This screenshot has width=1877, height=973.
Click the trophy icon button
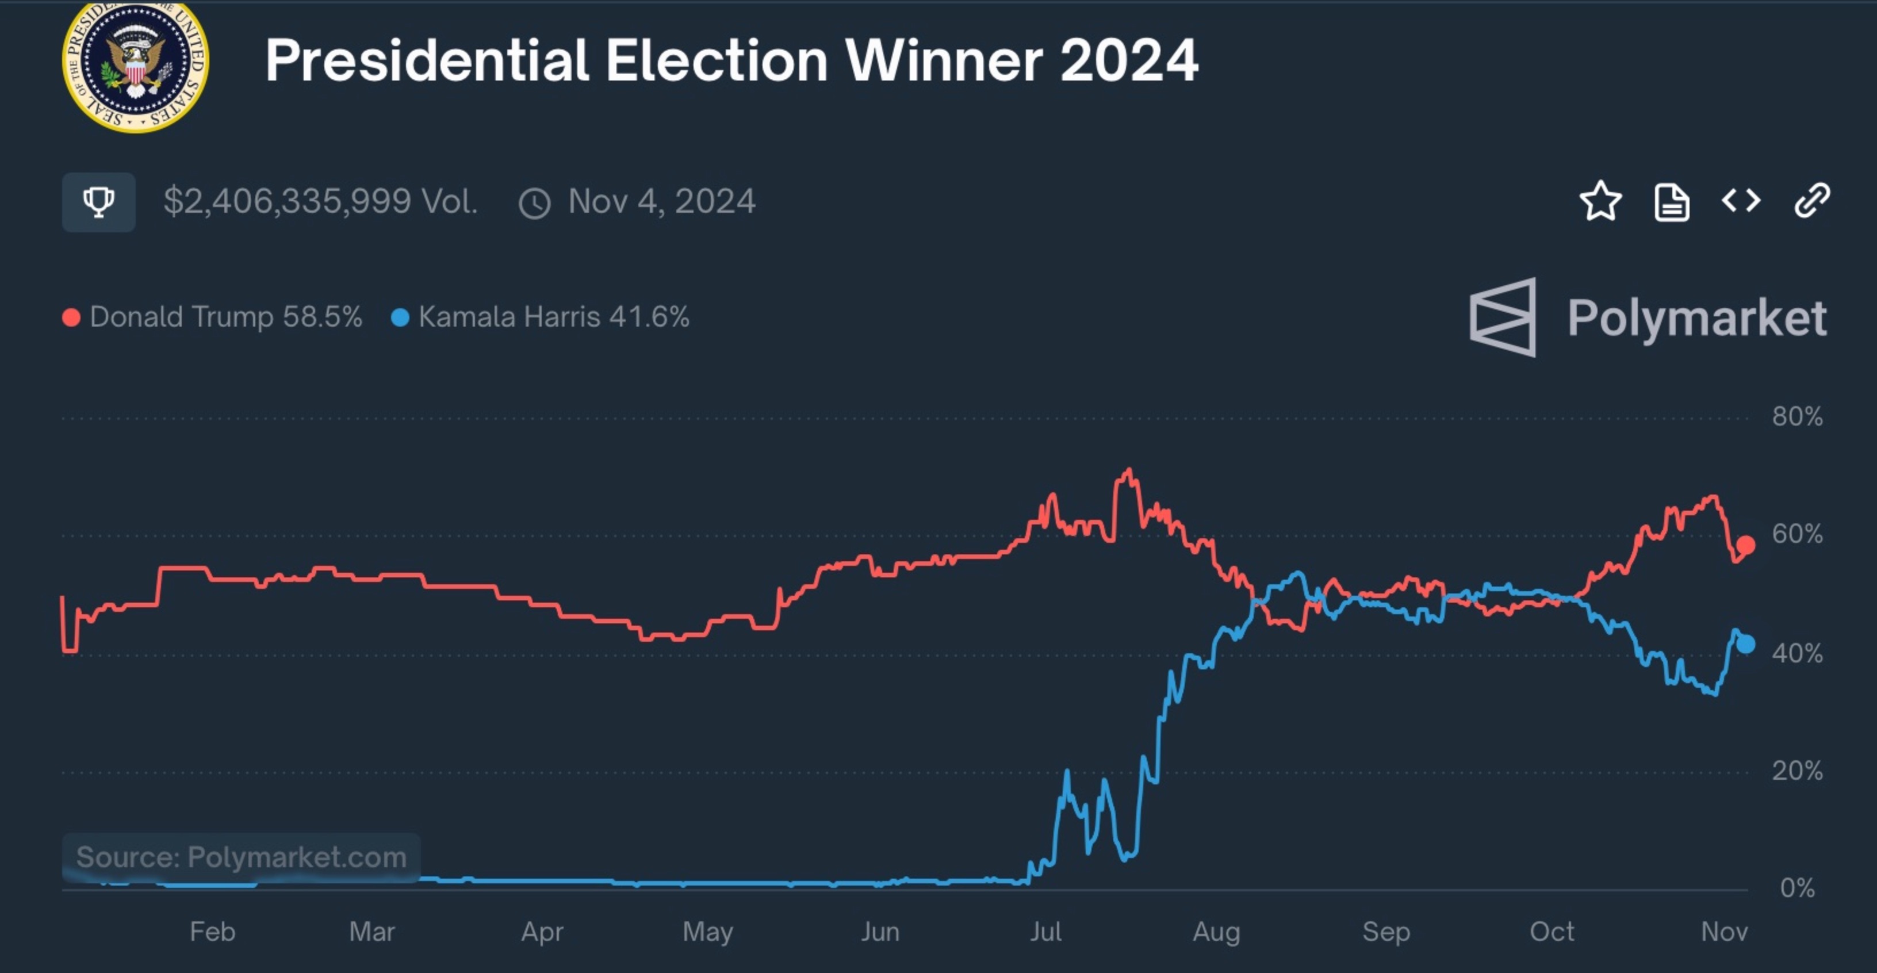(x=98, y=202)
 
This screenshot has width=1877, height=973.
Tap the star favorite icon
(x=1600, y=201)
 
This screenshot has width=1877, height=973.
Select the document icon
(x=1672, y=202)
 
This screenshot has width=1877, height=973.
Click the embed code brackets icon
(x=1741, y=201)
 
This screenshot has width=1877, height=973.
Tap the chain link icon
(x=1811, y=201)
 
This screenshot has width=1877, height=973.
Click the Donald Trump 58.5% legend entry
(x=212, y=317)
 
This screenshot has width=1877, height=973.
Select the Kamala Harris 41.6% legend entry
(x=540, y=317)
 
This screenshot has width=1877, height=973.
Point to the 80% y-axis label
(x=1798, y=417)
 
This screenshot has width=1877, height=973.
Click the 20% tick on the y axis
(x=1798, y=771)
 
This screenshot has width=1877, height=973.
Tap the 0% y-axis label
(x=1798, y=888)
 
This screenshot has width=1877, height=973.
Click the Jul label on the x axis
(x=1045, y=932)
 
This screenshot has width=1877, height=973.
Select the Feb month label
(x=212, y=932)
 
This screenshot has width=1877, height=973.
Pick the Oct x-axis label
(x=1552, y=932)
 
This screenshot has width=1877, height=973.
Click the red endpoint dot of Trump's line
(x=1745, y=545)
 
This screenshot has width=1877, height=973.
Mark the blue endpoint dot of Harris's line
(x=1745, y=644)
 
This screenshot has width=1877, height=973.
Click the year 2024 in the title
(x=1129, y=60)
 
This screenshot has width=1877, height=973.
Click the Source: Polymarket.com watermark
(x=241, y=857)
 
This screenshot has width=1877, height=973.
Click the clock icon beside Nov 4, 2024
(x=534, y=204)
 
